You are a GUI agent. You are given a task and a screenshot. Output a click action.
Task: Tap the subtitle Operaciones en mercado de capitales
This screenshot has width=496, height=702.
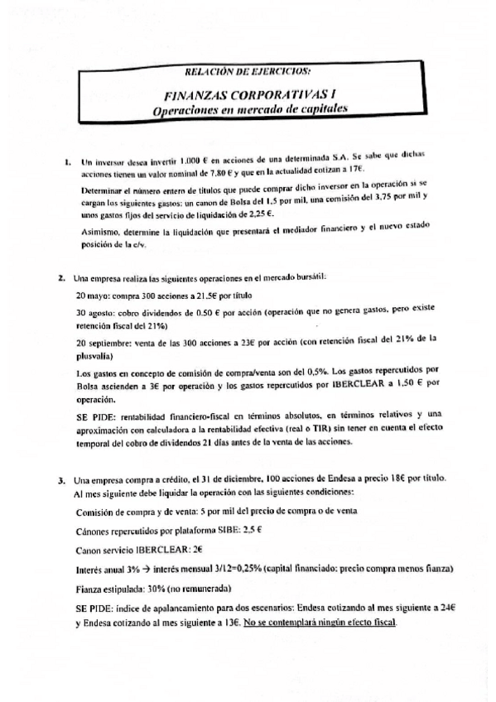250,109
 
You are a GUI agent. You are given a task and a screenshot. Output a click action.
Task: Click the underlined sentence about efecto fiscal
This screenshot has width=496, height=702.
329,621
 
